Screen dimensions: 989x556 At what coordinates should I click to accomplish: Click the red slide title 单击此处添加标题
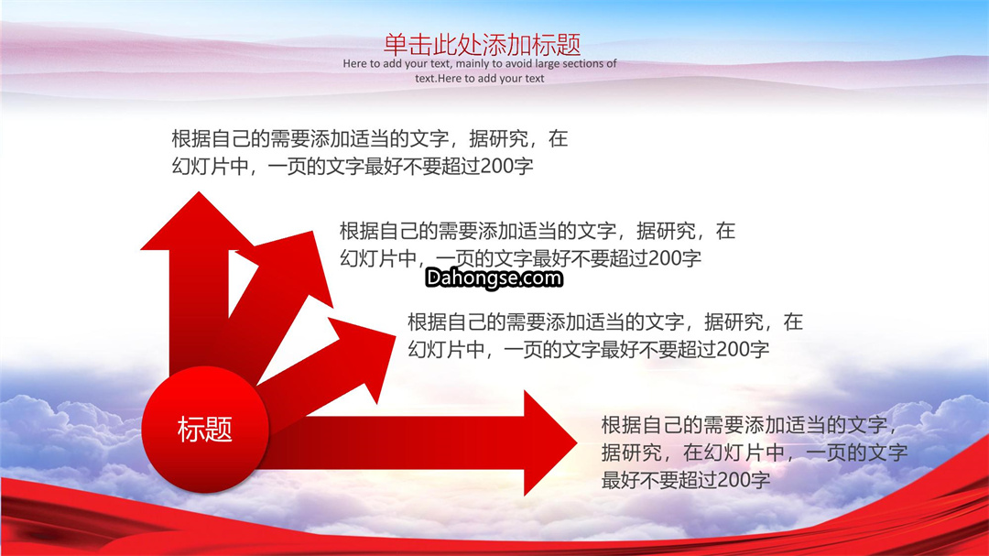(x=482, y=45)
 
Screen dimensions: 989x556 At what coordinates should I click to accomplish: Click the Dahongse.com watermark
(x=494, y=278)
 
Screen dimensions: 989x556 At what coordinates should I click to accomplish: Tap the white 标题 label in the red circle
(x=205, y=430)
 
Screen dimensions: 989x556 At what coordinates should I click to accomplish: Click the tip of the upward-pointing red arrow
(x=200, y=191)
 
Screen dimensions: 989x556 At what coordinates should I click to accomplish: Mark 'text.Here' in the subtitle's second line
(x=439, y=78)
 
